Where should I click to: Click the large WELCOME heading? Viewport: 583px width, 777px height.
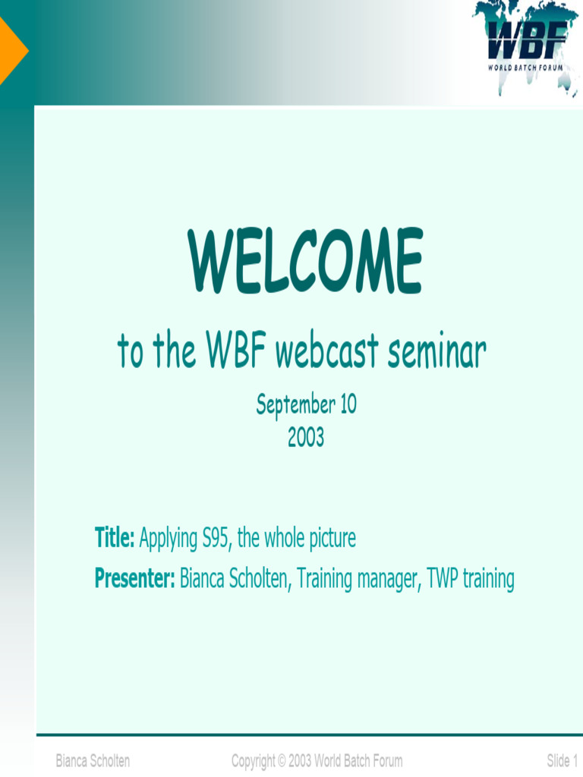[x=305, y=261]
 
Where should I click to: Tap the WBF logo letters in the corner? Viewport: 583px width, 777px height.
[x=527, y=40]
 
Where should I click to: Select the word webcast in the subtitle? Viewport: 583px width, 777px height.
[x=327, y=351]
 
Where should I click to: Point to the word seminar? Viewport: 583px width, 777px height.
[x=436, y=351]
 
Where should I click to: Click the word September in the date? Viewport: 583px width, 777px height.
[x=296, y=405]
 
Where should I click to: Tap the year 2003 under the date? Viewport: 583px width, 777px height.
[x=306, y=437]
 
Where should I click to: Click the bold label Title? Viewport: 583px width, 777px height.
[x=115, y=537]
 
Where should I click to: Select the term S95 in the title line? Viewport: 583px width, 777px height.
[x=216, y=538]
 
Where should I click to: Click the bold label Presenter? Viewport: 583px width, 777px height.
[x=135, y=577]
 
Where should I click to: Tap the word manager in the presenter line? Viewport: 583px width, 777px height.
[x=389, y=579]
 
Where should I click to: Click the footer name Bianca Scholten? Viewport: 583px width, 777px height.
[x=93, y=760]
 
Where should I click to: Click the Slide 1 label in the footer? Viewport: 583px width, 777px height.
[x=563, y=760]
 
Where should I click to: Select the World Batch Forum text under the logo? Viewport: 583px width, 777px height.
[x=525, y=67]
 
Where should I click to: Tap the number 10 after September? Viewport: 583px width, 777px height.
[x=348, y=404]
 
